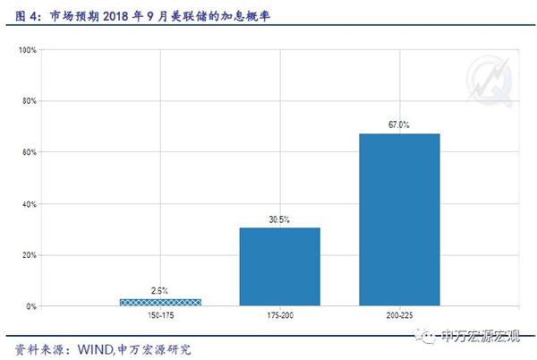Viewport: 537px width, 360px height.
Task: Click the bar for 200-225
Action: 399,219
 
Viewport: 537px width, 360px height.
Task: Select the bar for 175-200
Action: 279,267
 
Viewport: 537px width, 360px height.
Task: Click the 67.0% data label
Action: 399,124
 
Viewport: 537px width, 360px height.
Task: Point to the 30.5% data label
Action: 279,219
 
